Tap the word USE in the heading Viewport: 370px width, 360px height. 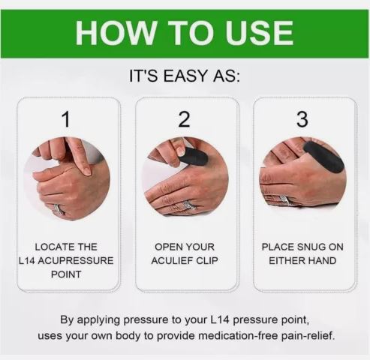259,33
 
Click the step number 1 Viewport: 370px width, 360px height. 67,118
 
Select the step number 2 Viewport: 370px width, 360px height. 185,118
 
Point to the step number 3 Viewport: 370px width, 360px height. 302,118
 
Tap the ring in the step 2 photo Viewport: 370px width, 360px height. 188,205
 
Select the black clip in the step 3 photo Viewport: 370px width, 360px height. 323,157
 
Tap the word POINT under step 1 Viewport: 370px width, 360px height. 67,274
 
